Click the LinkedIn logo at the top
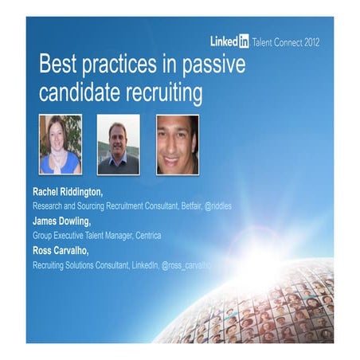229,41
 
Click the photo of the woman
61,144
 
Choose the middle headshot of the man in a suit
118,144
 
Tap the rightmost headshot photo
177,144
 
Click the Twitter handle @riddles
216,205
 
